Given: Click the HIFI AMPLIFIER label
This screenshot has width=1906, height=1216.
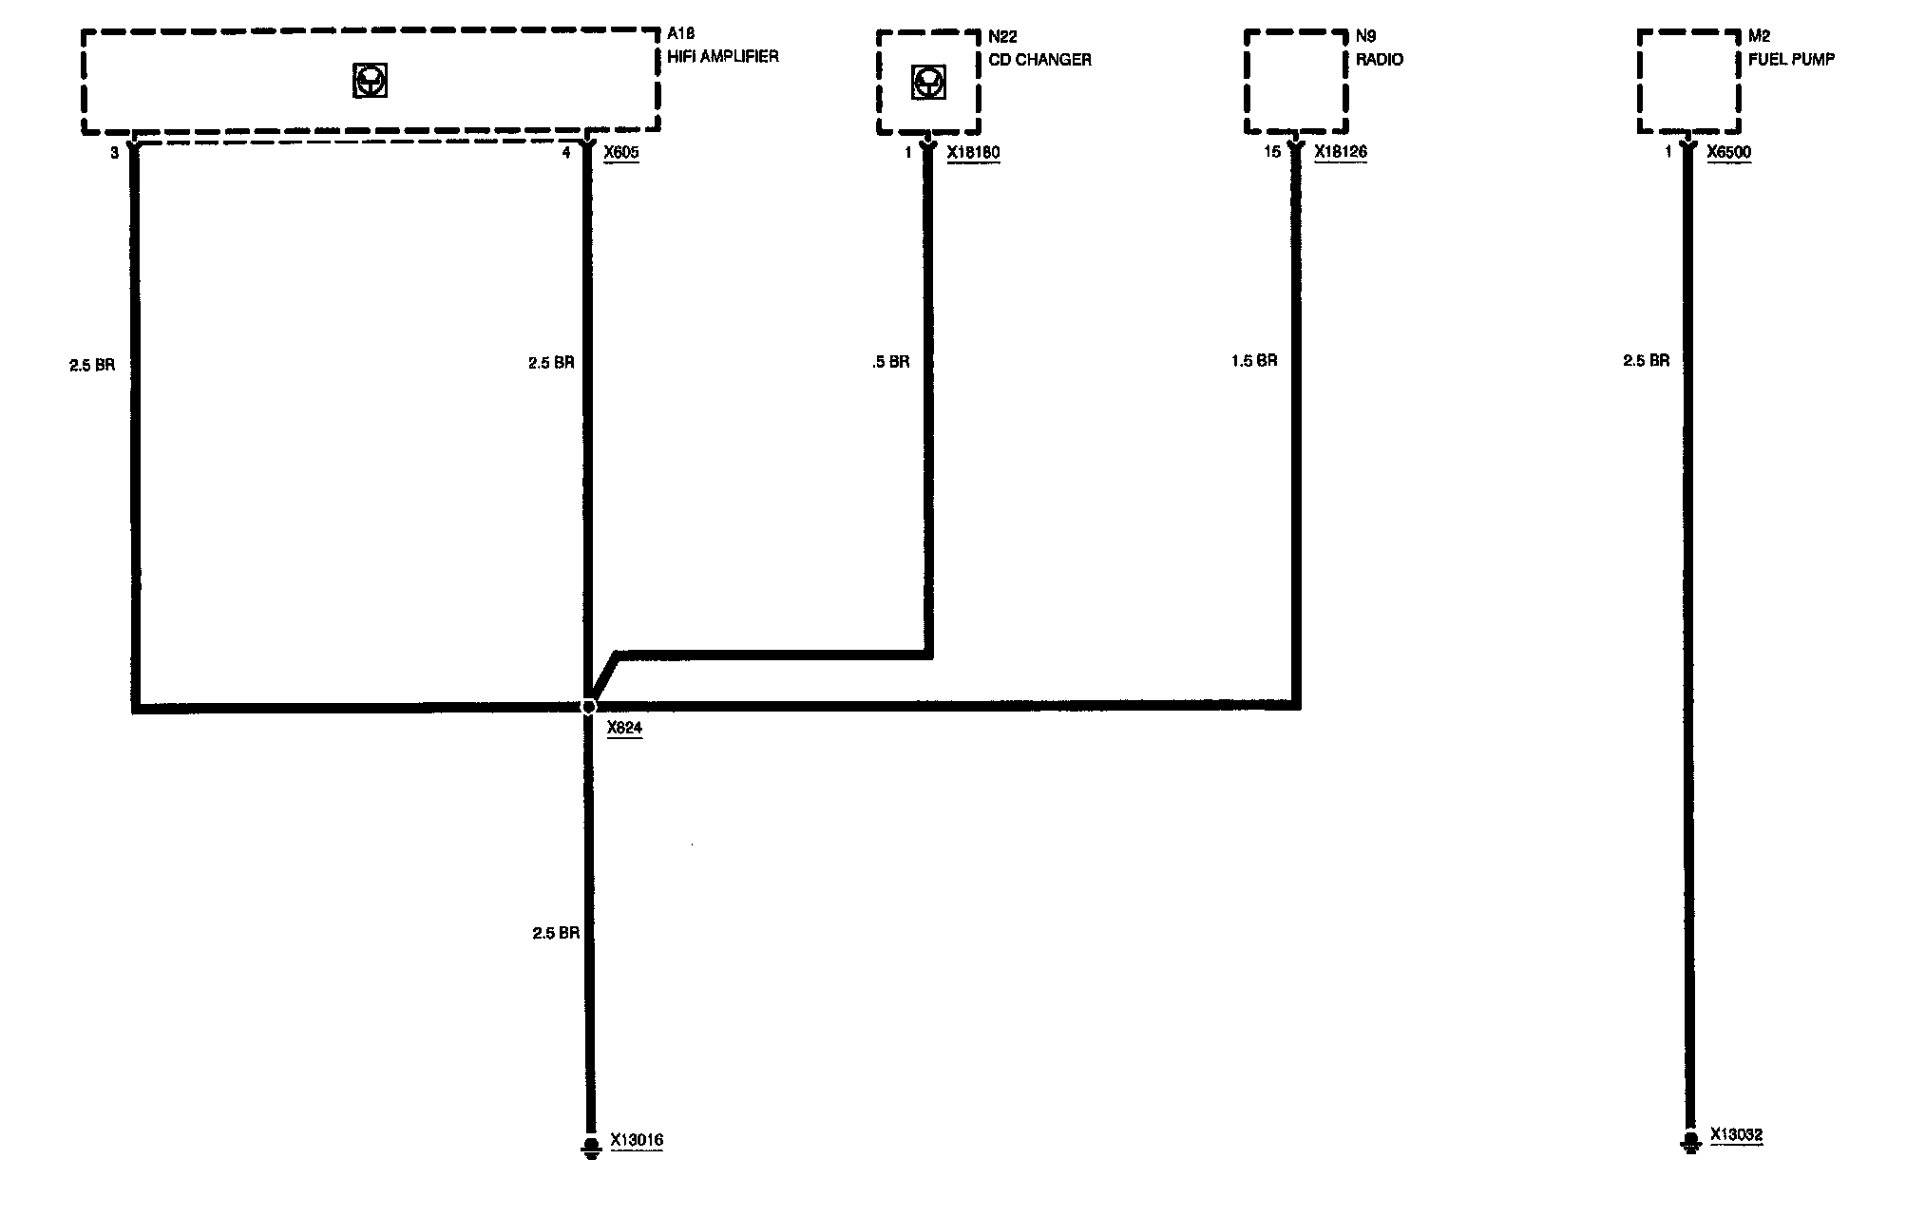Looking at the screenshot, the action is (723, 57).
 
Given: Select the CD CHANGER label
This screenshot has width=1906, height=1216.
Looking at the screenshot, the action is (1039, 60).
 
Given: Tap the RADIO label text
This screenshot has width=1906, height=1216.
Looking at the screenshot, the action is (1380, 60).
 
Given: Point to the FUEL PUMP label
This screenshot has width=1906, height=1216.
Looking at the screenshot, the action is (1791, 59).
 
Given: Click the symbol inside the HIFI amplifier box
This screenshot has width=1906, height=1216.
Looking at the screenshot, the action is (370, 82).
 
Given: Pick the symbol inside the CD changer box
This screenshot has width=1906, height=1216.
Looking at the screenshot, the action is (927, 83).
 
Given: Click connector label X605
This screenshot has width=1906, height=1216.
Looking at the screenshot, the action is (621, 152).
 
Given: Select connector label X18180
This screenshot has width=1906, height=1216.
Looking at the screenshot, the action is (973, 152).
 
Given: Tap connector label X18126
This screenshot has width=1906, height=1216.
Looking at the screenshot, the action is (1341, 152).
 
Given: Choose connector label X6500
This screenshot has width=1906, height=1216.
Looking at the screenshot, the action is (1728, 152).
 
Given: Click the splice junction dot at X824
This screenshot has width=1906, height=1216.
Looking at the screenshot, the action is (589, 707).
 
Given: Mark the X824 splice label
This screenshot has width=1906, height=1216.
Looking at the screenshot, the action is (624, 728).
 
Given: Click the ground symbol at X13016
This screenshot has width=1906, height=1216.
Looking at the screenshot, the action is (591, 1148).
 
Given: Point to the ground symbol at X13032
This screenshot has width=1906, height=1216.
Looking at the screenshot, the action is (1689, 1142).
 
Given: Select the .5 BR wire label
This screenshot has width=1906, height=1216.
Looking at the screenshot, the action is (890, 362).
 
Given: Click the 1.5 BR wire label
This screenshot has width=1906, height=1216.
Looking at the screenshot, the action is (1254, 361).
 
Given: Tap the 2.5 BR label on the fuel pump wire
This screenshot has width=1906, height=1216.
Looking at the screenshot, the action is (1646, 361).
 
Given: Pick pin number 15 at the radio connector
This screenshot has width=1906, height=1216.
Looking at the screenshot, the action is (1272, 152).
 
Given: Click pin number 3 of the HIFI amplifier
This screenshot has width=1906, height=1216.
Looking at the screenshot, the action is (114, 152).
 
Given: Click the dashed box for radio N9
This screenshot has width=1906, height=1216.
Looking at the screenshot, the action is (1296, 82).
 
